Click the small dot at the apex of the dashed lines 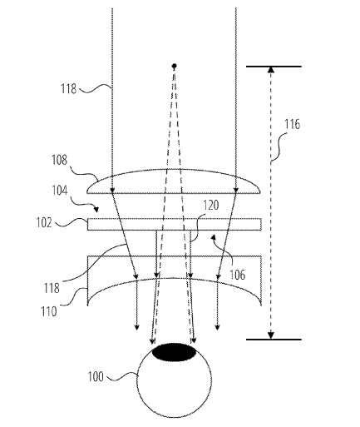pos(175,66)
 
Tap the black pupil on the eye pos(175,352)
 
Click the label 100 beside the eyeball pos(96,376)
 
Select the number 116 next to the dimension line pos(293,124)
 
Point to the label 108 pos(60,160)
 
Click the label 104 pos(60,191)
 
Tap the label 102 pos(44,222)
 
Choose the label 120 pos(211,206)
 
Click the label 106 pos(238,275)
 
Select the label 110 pos(49,311)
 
